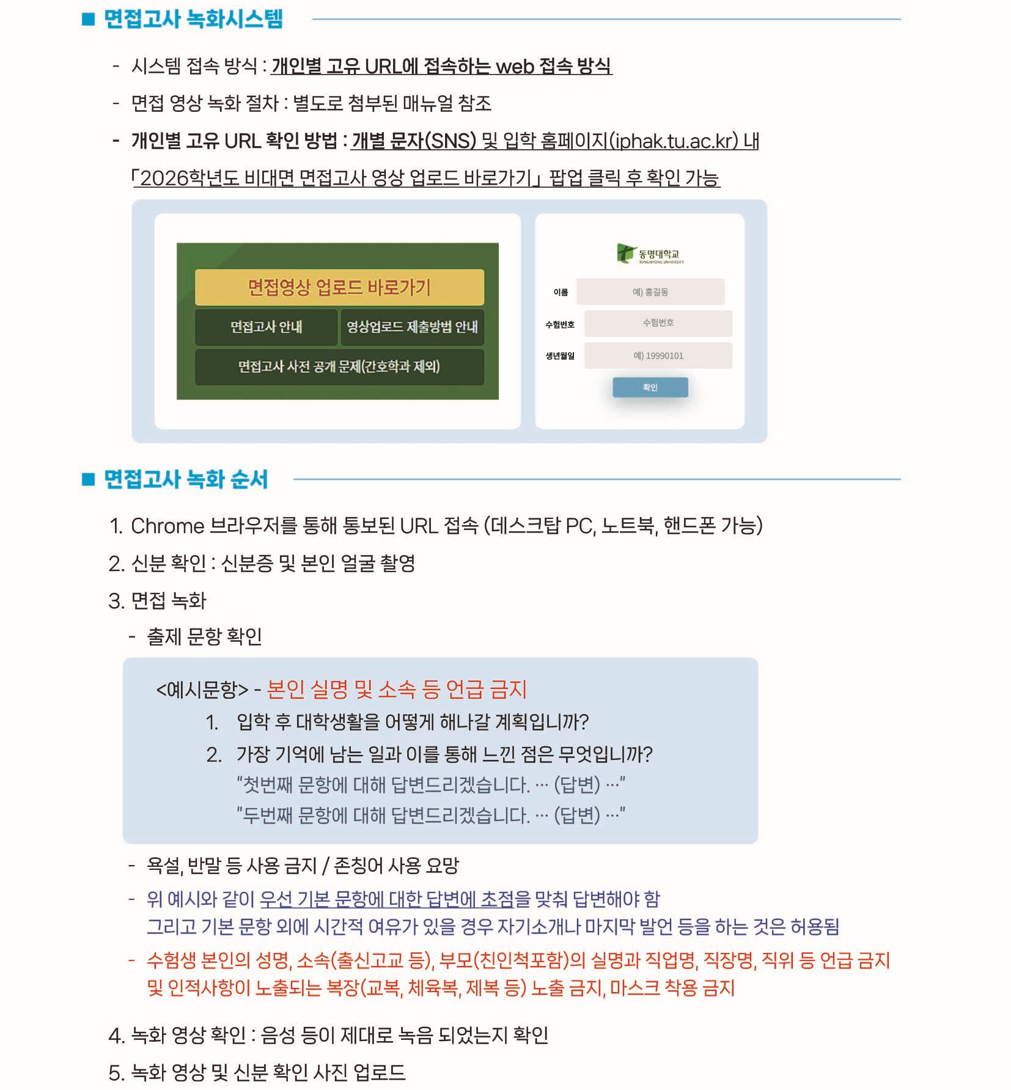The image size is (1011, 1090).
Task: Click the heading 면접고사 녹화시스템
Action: click(x=193, y=19)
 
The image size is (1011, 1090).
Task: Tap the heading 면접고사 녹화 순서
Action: click(x=186, y=479)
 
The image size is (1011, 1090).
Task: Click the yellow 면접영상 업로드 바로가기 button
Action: click(x=339, y=287)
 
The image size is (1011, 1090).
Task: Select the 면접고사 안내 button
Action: click(x=266, y=326)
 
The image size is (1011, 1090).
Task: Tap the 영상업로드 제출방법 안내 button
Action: click(x=413, y=326)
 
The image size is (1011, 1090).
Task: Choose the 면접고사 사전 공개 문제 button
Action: click(x=339, y=366)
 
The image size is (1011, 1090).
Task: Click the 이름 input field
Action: click(x=650, y=292)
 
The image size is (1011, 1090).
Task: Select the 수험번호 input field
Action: click(x=658, y=323)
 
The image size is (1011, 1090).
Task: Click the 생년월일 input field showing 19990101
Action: click(x=658, y=355)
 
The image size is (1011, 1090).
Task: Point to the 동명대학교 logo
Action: click(x=650, y=253)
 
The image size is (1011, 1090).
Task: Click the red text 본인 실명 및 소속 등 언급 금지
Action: click(x=397, y=689)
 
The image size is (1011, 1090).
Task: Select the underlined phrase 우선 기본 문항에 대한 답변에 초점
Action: click(x=387, y=899)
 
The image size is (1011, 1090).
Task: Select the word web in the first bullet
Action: click(x=515, y=66)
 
